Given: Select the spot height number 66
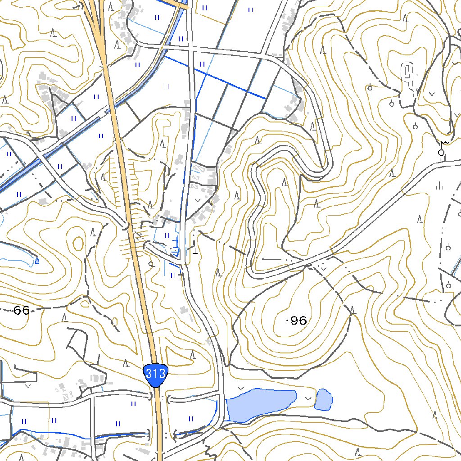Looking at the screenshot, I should [x=21, y=310].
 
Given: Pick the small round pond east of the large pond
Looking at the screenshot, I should [x=324, y=399].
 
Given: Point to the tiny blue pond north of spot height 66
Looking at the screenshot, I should [x=36, y=260].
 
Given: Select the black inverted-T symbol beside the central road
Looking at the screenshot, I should [x=194, y=250].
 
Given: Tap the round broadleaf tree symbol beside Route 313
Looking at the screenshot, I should [x=151, y=264].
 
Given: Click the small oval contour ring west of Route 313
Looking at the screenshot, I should [x=78, y=244].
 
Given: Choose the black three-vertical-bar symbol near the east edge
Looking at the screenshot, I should [x=439, y=185].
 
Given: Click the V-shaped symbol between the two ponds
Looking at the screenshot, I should [x=308, y=398].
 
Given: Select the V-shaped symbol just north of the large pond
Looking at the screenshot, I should [x=240, y=388].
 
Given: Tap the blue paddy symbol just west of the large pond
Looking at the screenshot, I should [x=190, y=419].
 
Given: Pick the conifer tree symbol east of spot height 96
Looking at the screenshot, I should [x=353, y=310].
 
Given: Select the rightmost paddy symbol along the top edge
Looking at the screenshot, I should [x=250, y=9].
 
